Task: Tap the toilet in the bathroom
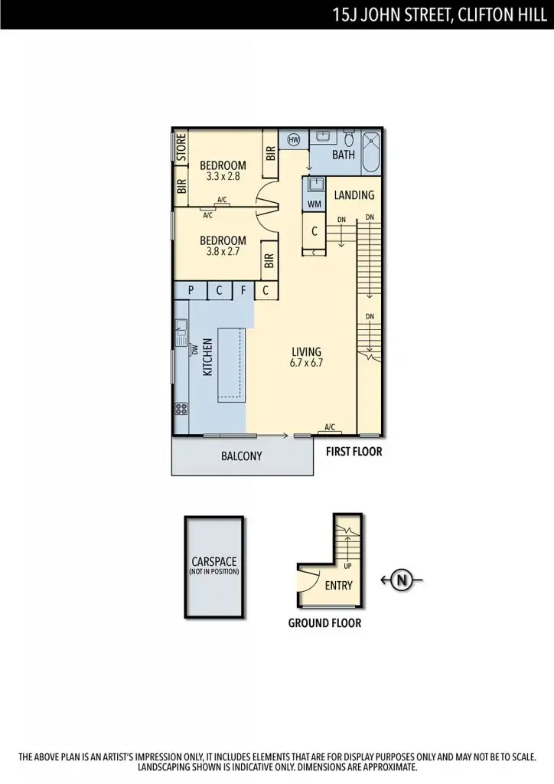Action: tap(349, 139)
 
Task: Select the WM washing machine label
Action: tap(314, 204)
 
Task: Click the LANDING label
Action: tap(354, 195)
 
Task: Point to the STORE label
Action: tap(181, 147)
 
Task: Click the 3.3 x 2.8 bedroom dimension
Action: tap(223, 176)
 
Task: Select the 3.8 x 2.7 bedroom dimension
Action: tap(223, 250)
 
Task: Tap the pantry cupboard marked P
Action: tap(191, 290)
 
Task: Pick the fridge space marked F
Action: tap(243, 290)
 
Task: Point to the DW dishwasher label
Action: tap(195, 349)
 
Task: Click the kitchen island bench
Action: tap(232, 365)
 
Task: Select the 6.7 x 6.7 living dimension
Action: tap(306, 364)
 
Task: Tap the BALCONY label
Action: tap(241, 456)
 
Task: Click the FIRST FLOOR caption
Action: tap(354, 452)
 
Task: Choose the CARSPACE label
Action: tap(214, 561)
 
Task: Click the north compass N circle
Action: tap(402, 580)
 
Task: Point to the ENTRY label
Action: tap(339, 586)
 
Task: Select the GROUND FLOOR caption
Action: tap(324, 623)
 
